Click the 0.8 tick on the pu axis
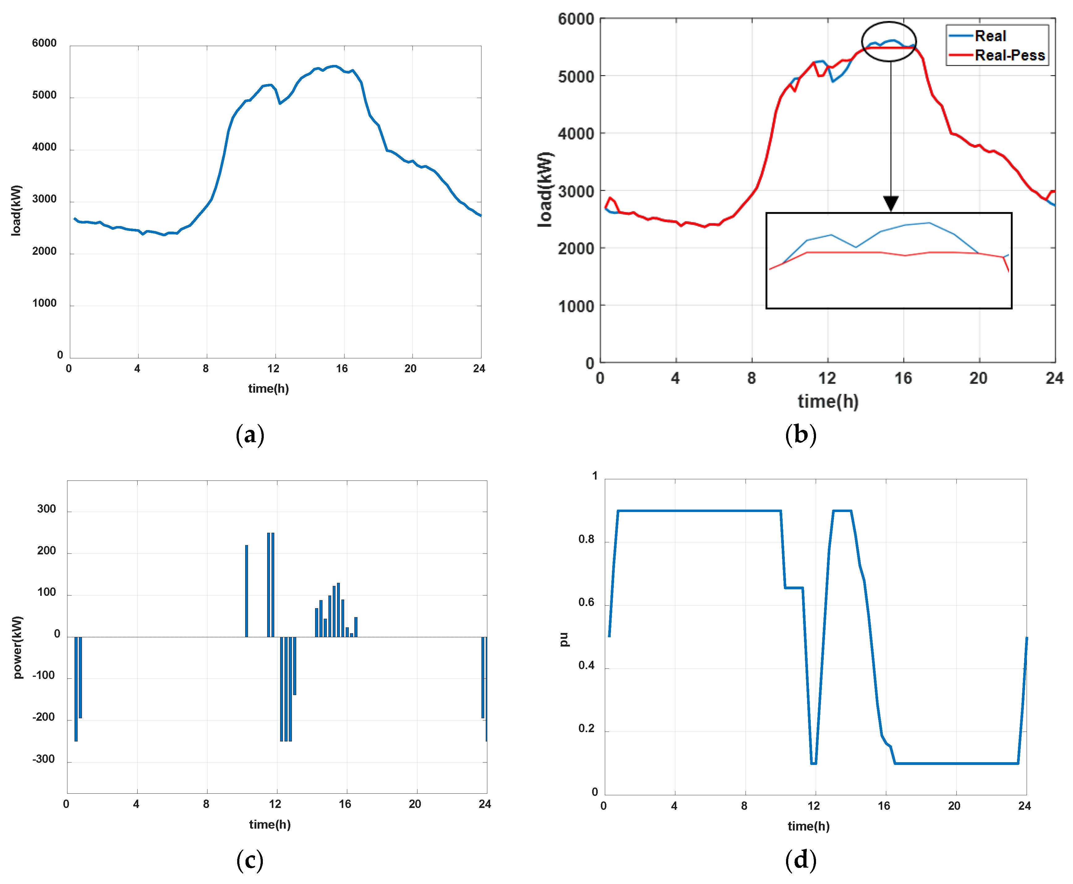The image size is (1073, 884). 586,539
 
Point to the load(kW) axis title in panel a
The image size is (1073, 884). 16,210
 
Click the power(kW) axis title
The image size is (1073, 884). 18,647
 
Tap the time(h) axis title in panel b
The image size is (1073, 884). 827,401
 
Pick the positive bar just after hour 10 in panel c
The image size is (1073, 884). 246,591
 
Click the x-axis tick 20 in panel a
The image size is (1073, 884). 410,369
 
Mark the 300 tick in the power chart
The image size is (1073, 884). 46,509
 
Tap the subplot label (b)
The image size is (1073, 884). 801,435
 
